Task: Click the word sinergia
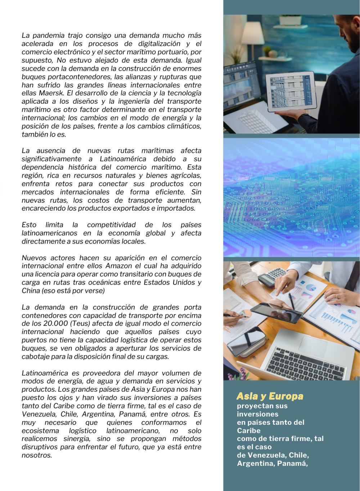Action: pyautogui.click(x=84, y=439)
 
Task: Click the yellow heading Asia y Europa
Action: pyautogui.click(x=270, y=396)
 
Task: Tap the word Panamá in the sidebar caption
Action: pyautogui.click(x=292, y=463)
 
